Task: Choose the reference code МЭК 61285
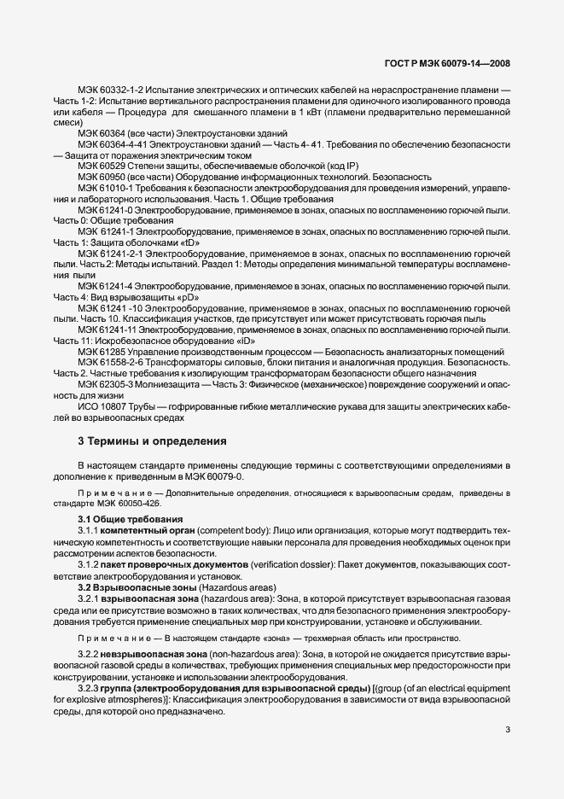(x=99, y=352)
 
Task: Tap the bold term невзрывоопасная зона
(x=154, y=652)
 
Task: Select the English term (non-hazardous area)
(x=252, y=652)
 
